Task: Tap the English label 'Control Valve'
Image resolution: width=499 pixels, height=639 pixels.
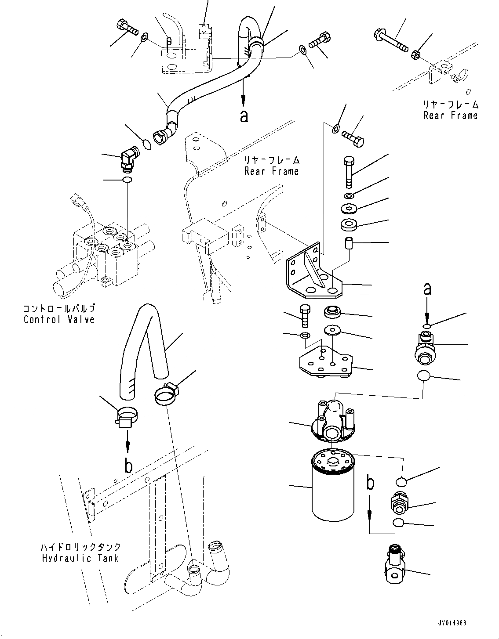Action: (x=59, y=319)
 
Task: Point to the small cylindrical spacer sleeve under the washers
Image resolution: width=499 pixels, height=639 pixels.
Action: (x=349, y=244)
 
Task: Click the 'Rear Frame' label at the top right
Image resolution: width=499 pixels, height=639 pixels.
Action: (x=450, y=116)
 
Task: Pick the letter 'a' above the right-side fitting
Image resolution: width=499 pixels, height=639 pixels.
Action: (x=427, y=289)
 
